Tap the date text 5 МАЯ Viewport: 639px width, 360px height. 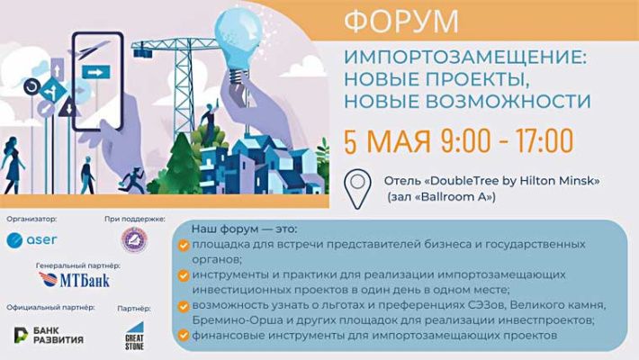click(x=388, y=140)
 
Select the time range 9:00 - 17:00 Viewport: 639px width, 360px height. click(x=508, y=140)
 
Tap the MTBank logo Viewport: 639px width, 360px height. click(x=76, y=280)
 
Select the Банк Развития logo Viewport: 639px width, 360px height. click(x=49, y=334)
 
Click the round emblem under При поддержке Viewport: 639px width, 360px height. click(x=134, y=240)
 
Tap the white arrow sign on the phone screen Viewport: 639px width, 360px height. click(x=93, y=71)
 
